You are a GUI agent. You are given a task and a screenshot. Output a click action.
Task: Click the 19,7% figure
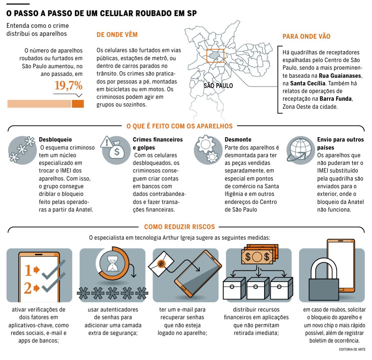[x=69, y=86]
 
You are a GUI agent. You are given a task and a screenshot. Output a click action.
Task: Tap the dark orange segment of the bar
[x=78, y=104]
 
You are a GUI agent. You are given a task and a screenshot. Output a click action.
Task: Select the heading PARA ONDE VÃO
[x=306, y=36]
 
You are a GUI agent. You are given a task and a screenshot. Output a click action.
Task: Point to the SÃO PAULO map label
[x=218, y=86]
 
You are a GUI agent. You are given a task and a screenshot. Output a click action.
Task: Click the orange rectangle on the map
[x=215, y=55]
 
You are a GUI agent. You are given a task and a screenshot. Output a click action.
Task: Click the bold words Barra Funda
[x=336, y=99]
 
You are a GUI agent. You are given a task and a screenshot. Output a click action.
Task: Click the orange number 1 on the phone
[x=28, y=270]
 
